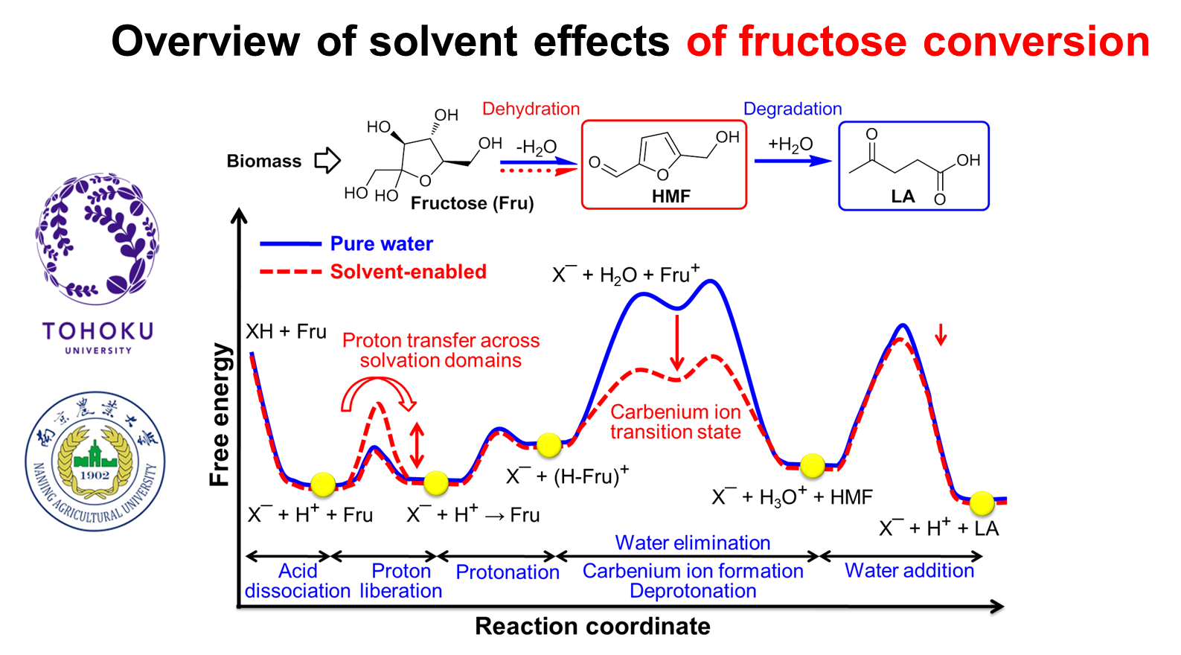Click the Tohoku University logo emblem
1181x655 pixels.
point(97,238)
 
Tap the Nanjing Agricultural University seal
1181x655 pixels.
point(95,461)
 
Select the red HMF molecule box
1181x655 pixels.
point(664,164)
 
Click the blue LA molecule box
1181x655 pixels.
point(914,165)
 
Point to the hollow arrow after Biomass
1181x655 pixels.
point(327,160)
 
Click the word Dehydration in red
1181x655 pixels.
point(531,109)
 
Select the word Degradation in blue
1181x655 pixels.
point(793,109)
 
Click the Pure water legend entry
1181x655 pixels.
point(346,243)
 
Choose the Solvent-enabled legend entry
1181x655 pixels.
point(374,272)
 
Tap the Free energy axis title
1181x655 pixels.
point(220,415)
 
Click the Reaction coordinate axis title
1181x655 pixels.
point(592,627)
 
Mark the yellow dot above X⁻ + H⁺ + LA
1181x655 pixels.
point(982,503)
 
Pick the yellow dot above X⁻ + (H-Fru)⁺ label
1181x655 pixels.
point(549,445)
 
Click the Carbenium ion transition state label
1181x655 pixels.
point(676,422)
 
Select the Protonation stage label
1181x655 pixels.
point(508,572)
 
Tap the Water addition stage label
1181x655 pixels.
point(909,571)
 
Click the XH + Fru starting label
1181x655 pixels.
point(287,332)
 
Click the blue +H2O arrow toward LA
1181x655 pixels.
point(793,160)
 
